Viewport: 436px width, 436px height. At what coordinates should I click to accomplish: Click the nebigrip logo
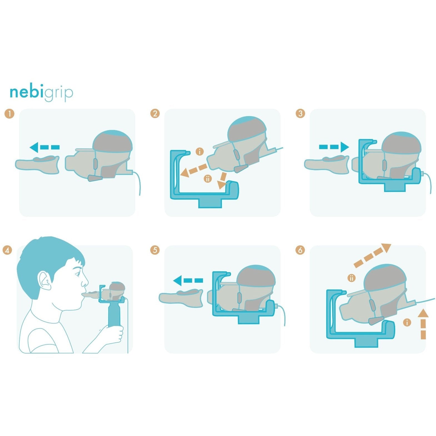[41, 92]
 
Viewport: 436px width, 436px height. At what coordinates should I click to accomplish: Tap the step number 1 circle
[9, 114]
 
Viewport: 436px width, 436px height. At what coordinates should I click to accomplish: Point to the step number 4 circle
[7, 250]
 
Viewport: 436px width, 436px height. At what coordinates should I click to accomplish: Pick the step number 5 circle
[155, 250]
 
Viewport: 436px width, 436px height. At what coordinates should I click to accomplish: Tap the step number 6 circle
[300, 250]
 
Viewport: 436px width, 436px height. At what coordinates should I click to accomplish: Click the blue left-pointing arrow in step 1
[44, 147]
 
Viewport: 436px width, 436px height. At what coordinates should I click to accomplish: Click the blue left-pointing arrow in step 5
[188, 280]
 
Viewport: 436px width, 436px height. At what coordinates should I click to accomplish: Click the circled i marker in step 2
[200, 152]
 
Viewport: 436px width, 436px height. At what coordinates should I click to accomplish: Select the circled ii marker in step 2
[208, 179]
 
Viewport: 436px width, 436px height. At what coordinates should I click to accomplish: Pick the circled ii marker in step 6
[352, 278]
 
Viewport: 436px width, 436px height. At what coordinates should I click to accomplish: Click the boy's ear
[45, 280]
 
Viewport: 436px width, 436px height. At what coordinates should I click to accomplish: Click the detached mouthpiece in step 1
[37, 165]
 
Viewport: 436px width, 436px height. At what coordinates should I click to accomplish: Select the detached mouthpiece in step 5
[181, 298]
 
